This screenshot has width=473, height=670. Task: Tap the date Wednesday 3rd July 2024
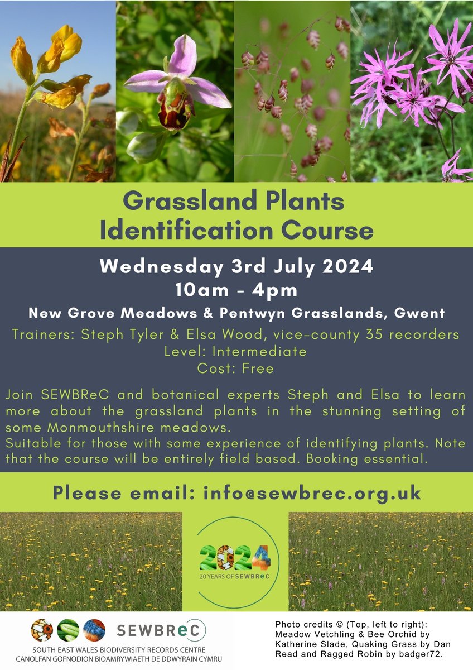(236, 266)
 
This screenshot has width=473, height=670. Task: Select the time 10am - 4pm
(236, 290)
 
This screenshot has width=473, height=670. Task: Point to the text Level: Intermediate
(236, 352)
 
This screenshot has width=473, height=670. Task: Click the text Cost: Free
(236, 368)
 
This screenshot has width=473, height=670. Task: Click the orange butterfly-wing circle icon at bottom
(42, 630)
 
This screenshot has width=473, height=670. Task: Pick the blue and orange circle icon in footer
(94, 630)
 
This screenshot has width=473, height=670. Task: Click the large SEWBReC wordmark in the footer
(161, 630)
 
